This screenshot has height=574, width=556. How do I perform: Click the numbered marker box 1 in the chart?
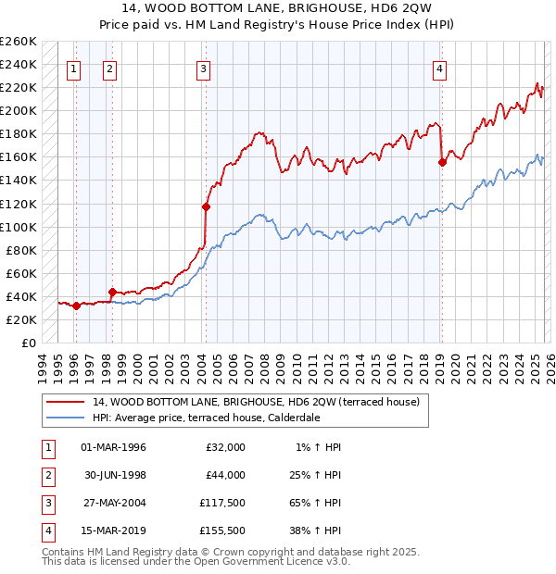point(73,68)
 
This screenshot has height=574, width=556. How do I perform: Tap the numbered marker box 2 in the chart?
point(109,68)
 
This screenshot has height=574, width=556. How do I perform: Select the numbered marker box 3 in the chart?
point(202,68)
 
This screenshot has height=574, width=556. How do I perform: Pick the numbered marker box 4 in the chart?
point(439,68)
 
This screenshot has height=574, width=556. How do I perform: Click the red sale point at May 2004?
point(206,206)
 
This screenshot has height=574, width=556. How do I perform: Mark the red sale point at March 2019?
point(442,162)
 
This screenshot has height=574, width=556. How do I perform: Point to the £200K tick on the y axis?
point(19,110)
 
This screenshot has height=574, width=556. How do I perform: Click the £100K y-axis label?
point(19,227)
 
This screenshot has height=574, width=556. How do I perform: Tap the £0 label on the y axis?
point(28,343)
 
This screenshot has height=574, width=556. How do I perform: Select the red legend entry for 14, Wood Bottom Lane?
point(256,402)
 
